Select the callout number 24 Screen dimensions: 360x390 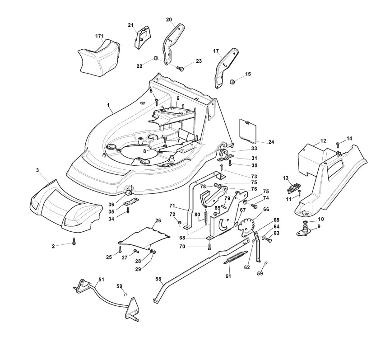271,142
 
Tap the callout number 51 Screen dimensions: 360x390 101,280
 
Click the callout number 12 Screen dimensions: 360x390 323,141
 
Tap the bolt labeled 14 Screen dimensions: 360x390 338,144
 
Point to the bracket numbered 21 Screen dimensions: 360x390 142,37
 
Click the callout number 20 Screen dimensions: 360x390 169,19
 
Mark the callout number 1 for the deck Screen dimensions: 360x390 109,105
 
